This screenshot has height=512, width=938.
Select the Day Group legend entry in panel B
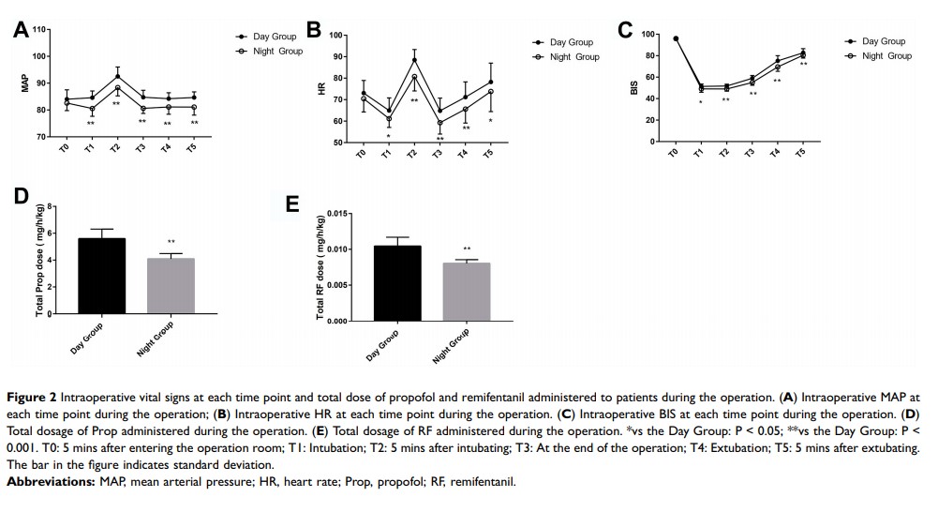click(565, 43)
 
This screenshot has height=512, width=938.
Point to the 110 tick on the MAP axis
click(39, 30)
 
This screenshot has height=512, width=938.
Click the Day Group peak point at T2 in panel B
click(414, 60)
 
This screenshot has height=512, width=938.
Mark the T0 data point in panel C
click(676, 38)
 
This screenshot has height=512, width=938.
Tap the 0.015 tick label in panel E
click(338, 215)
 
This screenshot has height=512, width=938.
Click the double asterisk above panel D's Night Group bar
click(171, 242)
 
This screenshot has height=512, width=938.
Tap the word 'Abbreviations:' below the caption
click(47, 482)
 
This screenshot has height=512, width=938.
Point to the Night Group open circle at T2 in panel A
click(117, 88)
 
